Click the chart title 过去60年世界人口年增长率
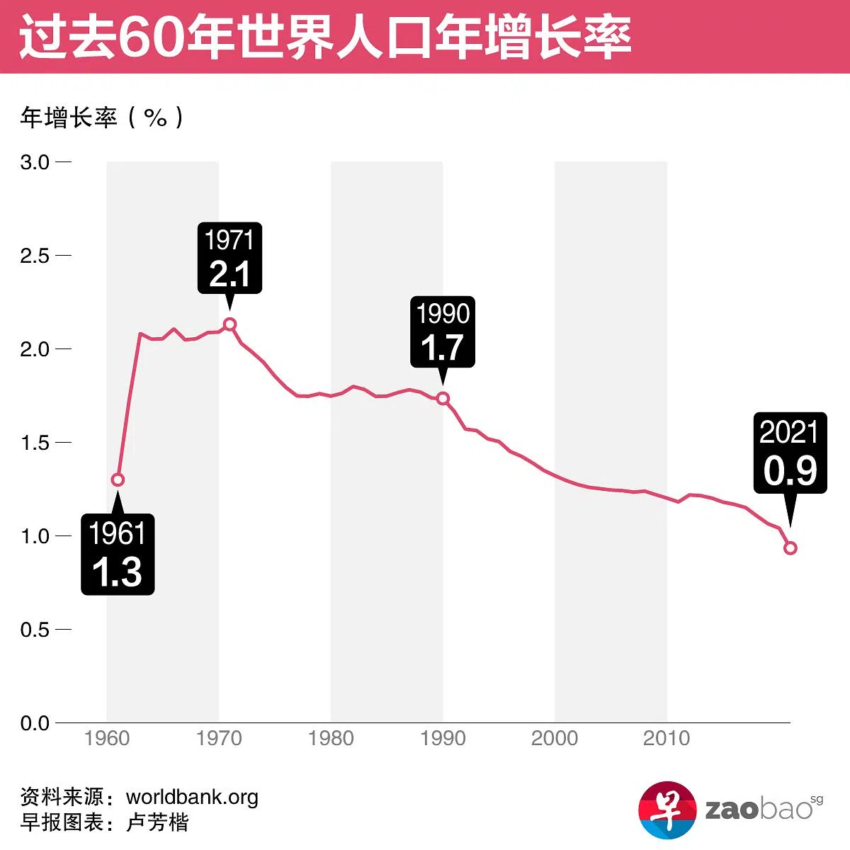click(325, 37)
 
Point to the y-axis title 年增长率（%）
click(102, 118)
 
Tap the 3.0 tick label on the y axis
click(35, 162)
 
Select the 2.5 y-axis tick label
click(35, 256)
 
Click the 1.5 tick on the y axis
click(35, 443)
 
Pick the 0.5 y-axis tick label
click(35, 630)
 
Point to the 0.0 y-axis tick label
click(35, 723)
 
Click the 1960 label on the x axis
click(107, 739)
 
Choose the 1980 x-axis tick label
click(331, 739)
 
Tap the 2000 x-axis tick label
click(555, 739)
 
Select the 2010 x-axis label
click(667, 739)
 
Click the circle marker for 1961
click(118, 480)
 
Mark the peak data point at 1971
click(229, 324)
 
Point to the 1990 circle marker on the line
click(443, 398)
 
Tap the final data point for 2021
click(790, 548)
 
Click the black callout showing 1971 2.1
click(229, 258)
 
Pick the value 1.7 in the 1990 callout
click(442, 348)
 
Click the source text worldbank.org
click(192, 797)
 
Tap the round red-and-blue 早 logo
click(667, 810)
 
